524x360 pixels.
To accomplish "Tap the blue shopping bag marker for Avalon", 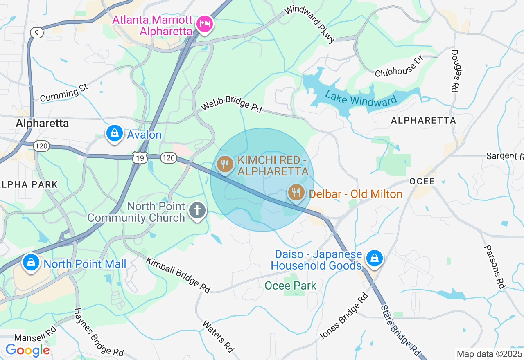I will coord(115,133).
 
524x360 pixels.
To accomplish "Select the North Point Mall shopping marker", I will coord(31,263).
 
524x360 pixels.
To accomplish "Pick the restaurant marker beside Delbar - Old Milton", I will coord(296,192).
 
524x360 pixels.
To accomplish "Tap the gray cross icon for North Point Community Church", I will coord(197,211).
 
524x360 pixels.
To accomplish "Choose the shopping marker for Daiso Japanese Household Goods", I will coord(374,259).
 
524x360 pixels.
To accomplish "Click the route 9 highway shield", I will coord(37,33).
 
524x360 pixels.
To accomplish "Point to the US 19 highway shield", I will coord(140,157).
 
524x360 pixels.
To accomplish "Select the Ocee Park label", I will coord(291,286).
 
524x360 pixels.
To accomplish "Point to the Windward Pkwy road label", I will coord(310,23).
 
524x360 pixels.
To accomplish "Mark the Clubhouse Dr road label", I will coord(398,66).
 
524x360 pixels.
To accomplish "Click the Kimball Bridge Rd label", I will coord(178,275).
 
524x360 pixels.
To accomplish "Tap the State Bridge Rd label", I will coord(400,330).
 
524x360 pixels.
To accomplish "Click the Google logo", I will coord(27,351).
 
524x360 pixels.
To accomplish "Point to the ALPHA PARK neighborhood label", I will coord(29,184).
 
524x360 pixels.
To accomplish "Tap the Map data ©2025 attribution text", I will coord(490,354).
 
